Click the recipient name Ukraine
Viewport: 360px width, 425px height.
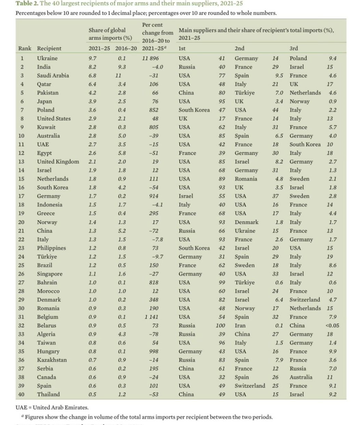pyautogui.click(x=47, y=58)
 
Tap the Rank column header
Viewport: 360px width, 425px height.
pyautogui.click(x=24, y=49)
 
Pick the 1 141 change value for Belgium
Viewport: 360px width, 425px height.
pyautogui.click(x=152, y=317)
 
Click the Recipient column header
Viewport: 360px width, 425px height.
pyautogui.click(x=49, y=49)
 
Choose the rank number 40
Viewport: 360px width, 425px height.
pyautogui.click(x=21, y=394)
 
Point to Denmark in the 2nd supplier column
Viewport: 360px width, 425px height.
pyautogui.click(x=246, y=222)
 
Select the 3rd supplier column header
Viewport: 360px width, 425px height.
pyautogui.click(x=294, y=49)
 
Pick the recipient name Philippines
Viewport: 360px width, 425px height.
pyautogui.click(x=52, y=248)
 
